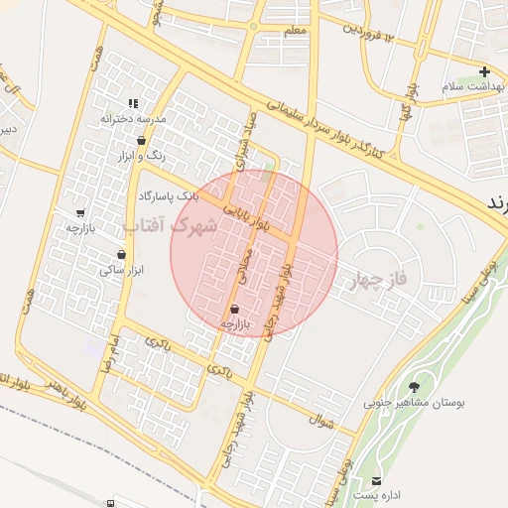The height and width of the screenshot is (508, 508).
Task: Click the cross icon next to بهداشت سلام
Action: (x=484, y=71)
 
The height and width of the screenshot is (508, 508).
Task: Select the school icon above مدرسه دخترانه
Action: (x=132, y=103)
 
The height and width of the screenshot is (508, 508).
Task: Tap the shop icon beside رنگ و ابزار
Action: (x=142, y=140)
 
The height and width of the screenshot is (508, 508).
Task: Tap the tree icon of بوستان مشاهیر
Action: (x=414, y=387)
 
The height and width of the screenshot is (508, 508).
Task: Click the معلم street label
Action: (x=295, y=32)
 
